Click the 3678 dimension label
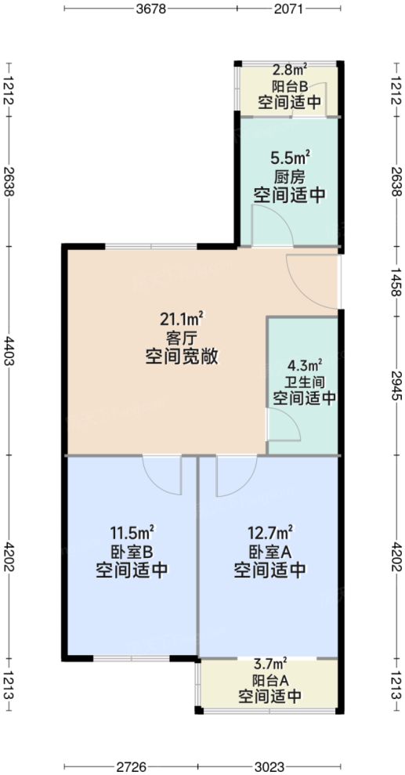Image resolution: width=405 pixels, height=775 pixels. [x=150, y=10]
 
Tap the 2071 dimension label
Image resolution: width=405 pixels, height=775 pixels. [x=289, y=10]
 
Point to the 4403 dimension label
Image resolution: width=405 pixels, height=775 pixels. [x=9, y=349]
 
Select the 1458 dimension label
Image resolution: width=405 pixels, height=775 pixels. [x=396, y=281]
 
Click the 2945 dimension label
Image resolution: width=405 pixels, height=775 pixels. [x=396, y=386]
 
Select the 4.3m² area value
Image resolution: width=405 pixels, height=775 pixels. [x=305, y=364]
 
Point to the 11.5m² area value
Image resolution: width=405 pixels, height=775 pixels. [x=132, y=531]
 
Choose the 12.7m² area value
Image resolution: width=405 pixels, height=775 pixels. [x=269, y=531]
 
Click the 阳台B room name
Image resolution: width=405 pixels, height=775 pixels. [x=290, y=87]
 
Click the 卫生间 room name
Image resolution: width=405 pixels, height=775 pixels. [x=305, y=382]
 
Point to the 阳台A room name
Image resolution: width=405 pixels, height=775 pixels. [x=269, y=679]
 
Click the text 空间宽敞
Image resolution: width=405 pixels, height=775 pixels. [x=182, y=357]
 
